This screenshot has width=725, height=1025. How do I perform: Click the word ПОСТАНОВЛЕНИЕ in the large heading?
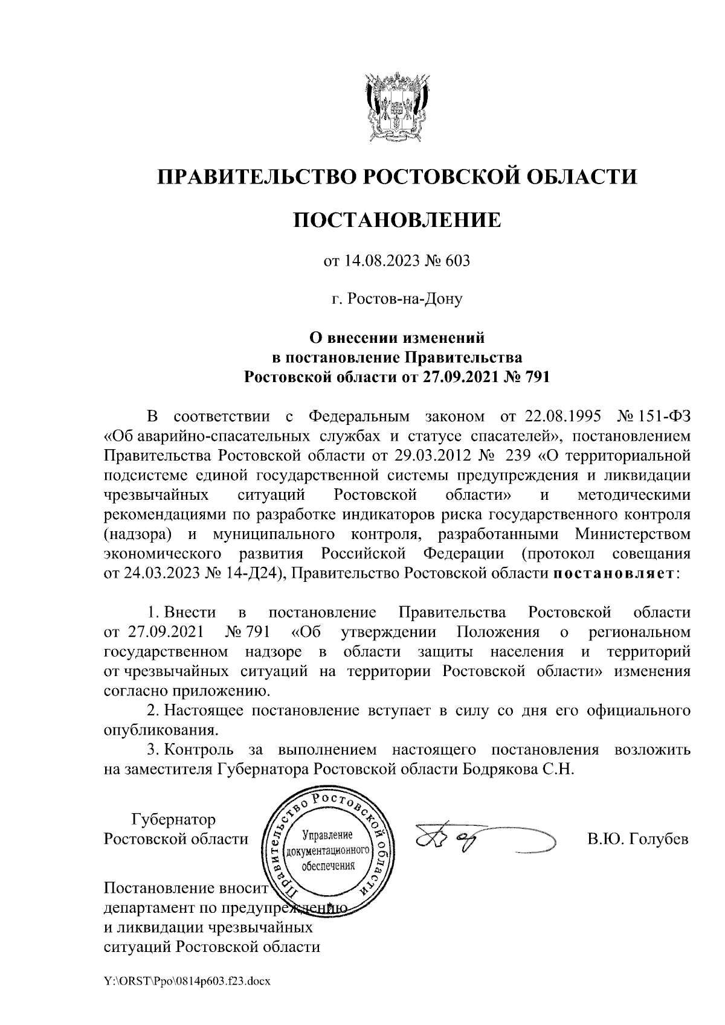[397, 219]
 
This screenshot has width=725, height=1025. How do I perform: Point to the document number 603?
[458, 261]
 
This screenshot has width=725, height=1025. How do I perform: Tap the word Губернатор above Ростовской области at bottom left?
[173, 820]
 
